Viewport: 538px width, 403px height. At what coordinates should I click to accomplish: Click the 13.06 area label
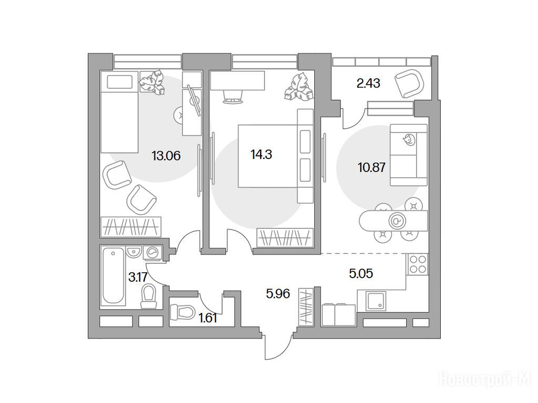point(166,156)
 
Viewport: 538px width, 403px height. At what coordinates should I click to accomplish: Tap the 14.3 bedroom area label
point(262,155)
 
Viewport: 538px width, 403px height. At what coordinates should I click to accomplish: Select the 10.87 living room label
point(371,167)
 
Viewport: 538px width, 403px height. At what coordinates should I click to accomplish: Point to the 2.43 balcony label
point(368,83)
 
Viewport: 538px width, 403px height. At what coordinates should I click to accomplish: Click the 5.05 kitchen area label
point(361,273)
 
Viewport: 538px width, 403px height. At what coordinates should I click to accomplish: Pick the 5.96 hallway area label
point(278,293)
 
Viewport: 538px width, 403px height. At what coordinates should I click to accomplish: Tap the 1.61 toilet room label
point(208,319)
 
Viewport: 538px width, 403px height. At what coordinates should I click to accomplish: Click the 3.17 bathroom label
point(138,277)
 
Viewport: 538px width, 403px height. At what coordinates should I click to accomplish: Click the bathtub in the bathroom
point(113,276)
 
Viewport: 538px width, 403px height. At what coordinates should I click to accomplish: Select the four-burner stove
point(418,264)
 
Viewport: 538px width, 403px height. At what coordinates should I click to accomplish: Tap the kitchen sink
point(376,301)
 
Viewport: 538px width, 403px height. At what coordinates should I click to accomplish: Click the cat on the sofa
point(409,140)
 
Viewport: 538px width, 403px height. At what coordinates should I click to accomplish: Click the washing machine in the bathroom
point(152,253)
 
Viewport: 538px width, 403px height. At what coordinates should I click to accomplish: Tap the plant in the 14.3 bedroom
point(298,87)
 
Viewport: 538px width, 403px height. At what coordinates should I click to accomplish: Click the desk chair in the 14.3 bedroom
point(233,97)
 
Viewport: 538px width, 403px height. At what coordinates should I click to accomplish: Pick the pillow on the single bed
point(119,82)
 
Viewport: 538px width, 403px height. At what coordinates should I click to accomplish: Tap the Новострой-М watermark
point(485,380)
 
